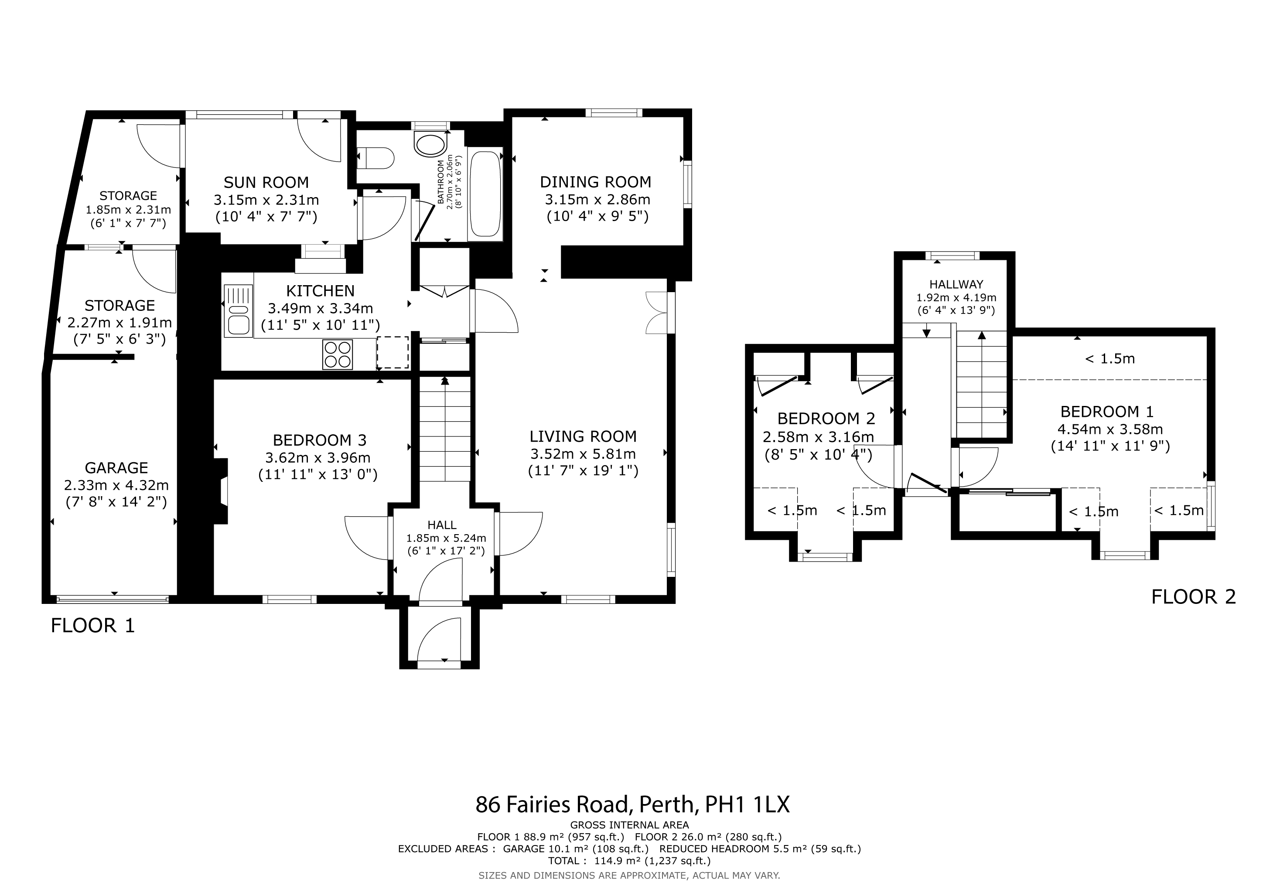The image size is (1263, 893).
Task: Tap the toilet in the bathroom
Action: (x=375, y=158)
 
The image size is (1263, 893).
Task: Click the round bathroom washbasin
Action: (x=431, y=145)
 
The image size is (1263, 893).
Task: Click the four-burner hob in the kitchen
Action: (x=338, y=354)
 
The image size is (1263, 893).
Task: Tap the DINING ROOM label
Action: (x=596, y=182)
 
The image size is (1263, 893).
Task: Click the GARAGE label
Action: (x=116, y=468)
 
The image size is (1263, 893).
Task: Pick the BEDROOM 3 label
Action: (x=320, y=440)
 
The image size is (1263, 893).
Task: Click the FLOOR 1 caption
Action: (x=92, y=626)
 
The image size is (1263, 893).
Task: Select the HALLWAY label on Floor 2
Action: (x=956, y=284)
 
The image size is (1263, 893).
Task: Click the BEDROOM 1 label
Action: (x=1107, y=412)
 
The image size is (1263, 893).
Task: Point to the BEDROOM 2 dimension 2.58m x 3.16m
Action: (x=819, y=437)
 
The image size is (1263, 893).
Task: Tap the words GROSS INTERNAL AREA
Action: (x=629, y=825)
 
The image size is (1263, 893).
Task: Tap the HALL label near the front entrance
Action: (x=442, y=525)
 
